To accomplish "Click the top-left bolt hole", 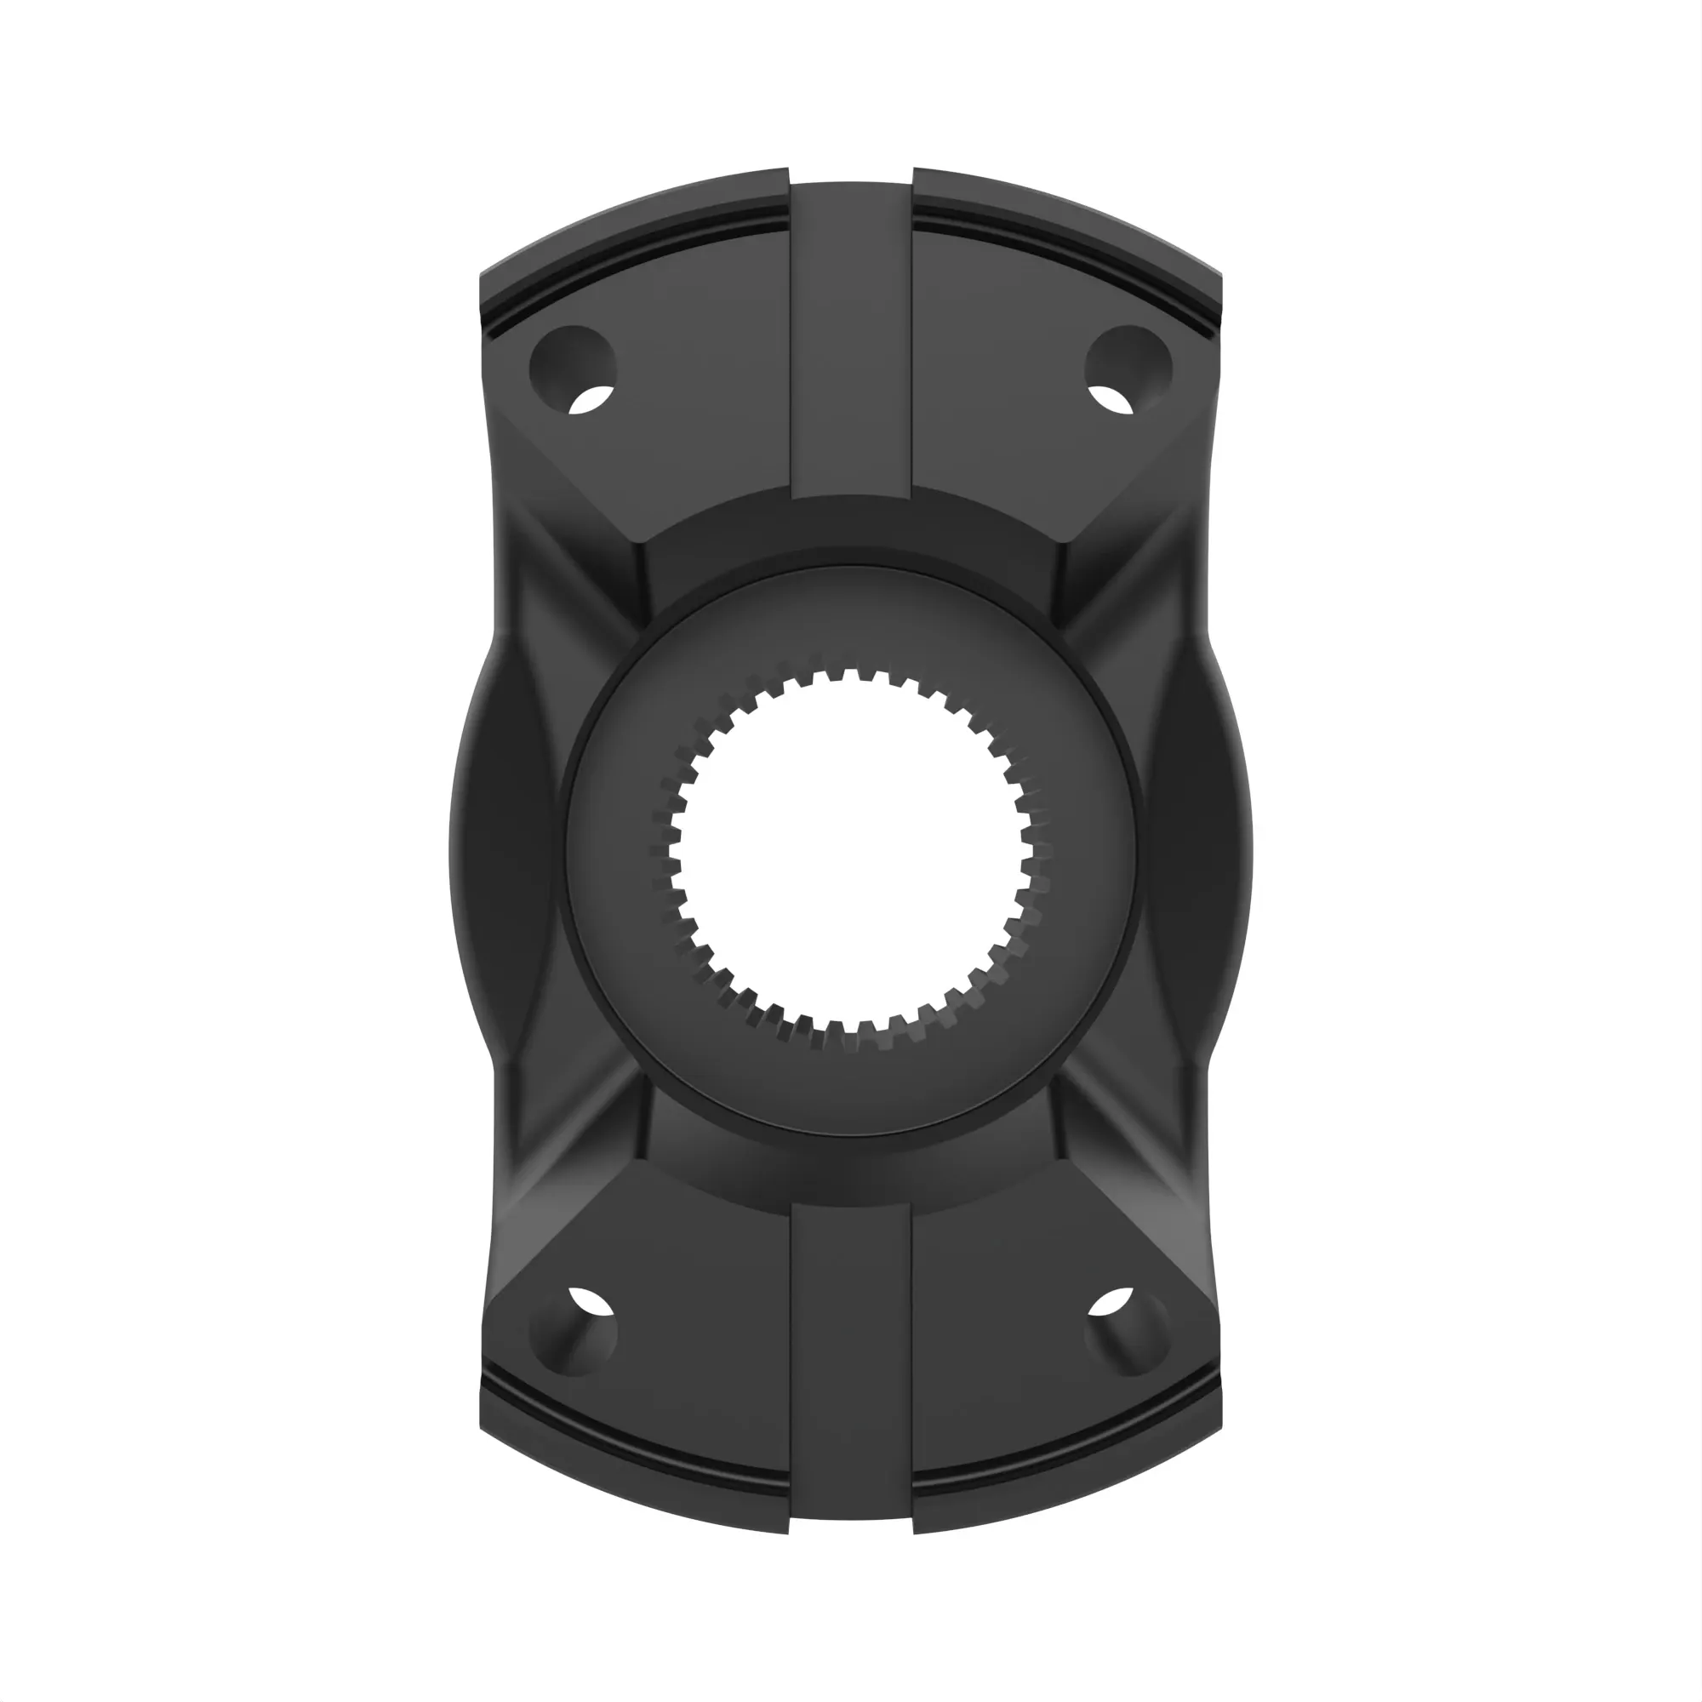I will click(573, 370).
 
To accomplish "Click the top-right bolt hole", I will click(1128, 370).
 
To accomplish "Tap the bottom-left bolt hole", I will click(573, 1332).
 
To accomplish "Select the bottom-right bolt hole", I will click(1128, 1332).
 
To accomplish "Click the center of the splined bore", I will click(851, 852).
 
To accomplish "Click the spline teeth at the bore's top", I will click(851, 677).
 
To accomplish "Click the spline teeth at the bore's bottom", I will click(851, 1031).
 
